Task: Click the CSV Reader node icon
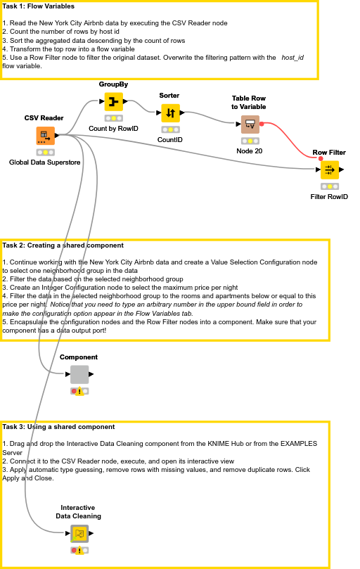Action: [45, 135]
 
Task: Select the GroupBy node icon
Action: [113, 101]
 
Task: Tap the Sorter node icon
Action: [169, 113]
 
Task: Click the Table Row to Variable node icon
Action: [250, 124]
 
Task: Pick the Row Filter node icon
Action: [329, 170]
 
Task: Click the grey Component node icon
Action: [79, 374]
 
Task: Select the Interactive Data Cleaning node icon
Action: [79, 534]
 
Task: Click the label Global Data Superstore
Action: [45, 162]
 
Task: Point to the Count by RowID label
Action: [113, 129]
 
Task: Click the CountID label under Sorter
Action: [169, 140]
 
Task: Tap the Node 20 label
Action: [249, 151]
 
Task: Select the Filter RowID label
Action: [329, 197]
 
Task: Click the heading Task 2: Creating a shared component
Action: [63, 245]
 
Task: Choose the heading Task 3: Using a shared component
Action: [58, 427]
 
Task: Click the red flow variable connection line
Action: [295, 138]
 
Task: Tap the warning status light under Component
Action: [79, 391]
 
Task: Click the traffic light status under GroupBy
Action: [113, 118]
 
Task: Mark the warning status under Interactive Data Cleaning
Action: [79, 551]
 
